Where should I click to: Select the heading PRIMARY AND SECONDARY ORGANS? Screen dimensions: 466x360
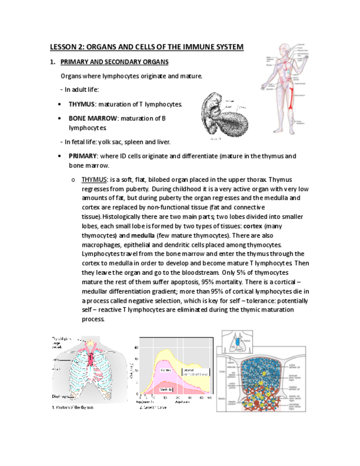pyautogui.click(x=114, y=62)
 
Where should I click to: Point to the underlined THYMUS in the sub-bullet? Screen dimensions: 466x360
pyautogui.click(x=94, y=180)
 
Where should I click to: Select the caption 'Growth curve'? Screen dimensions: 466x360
pyautogui.click(x=153, y=407)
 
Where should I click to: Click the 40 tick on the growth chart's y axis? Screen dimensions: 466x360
pyautogui.click(x=136, y=347)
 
